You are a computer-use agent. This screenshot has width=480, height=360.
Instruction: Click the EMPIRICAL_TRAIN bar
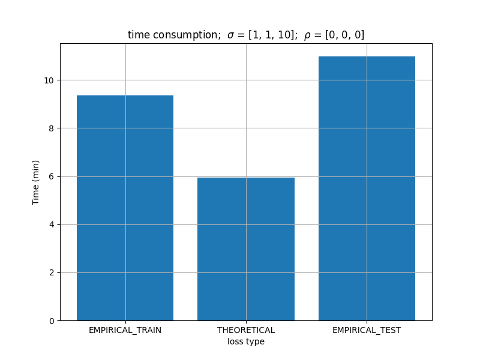click(x=125, y=208)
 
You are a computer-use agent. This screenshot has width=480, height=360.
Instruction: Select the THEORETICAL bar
click(x=246, y=249)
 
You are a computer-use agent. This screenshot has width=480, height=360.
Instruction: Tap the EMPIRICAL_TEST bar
click(x=367, y=188)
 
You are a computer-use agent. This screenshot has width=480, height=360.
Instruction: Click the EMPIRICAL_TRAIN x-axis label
click(x=125, y=331)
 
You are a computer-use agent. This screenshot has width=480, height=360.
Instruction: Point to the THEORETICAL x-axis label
click(x=246, y=331)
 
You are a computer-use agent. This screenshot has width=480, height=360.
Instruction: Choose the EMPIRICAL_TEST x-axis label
click(x=367, y=331)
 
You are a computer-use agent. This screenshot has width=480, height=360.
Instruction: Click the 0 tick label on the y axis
click(x=52, y=321)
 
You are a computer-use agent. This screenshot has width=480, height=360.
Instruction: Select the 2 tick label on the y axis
click(x=52, y=273)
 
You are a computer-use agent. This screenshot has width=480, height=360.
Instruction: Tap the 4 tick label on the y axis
click(x=52, y=224)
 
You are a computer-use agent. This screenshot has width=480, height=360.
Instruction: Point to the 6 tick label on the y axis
click(x=52, y=176)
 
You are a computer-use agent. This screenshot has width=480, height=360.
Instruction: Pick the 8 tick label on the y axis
click(x=52, y=128)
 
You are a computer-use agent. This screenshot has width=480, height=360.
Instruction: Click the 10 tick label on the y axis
click(x=49, y=80)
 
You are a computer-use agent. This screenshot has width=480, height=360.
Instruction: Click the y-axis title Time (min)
click(x=35, y=182)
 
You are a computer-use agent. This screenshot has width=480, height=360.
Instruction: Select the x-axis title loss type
click(x=246, y=341)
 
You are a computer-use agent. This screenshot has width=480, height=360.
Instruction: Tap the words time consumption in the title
click(x=173, y=35)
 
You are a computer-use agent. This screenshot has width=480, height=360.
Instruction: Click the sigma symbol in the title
click(x=231, y=35)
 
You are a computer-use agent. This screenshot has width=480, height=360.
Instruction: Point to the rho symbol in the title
click(x=307, y=36)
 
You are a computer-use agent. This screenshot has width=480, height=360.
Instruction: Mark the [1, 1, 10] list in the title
click(x=271, y=35)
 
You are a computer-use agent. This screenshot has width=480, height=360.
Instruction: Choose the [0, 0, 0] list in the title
click(x=344, y=35)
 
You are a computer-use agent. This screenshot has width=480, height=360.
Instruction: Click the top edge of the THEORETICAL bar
click(x=246, y=178)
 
